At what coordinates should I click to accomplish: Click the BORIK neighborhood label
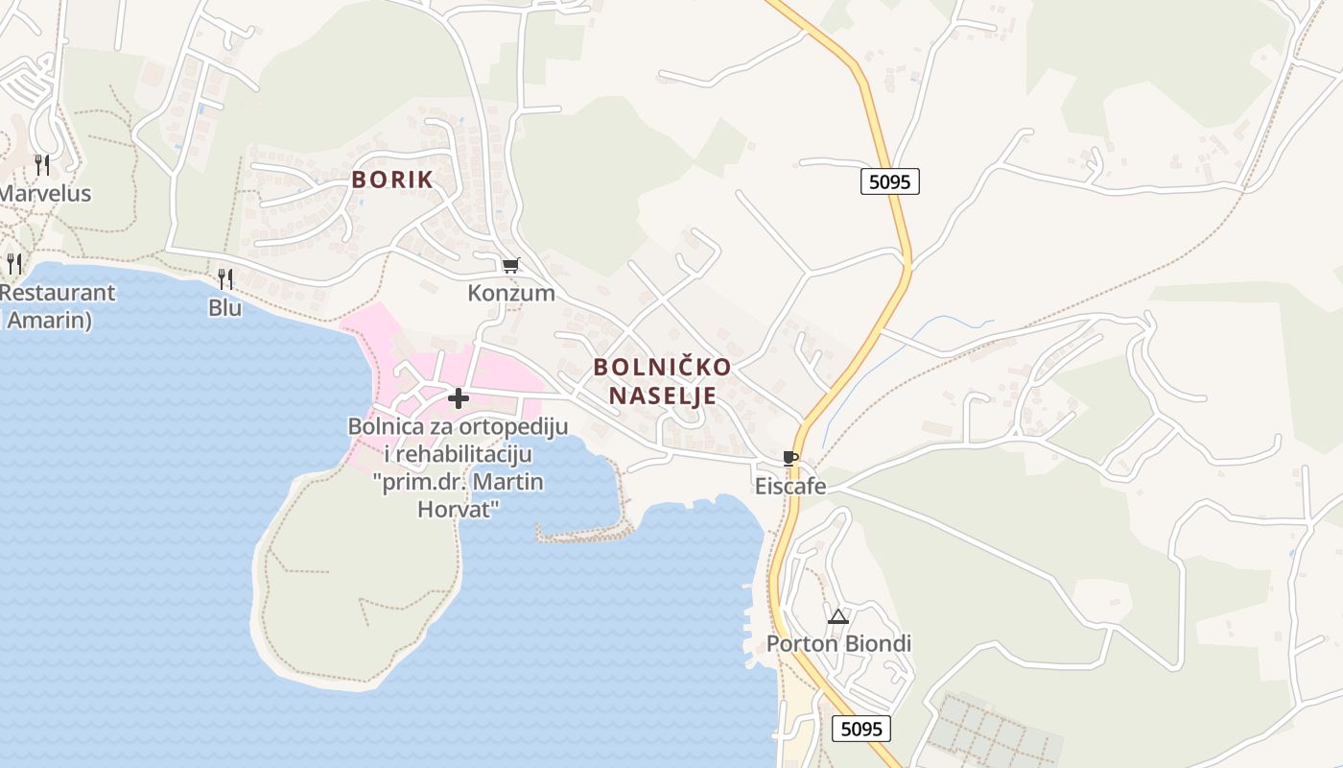tap(391, 180)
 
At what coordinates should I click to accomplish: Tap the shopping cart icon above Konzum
tap(511, 265)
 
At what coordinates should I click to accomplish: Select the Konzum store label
tap(511, 293)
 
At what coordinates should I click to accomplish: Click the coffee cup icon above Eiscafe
tap(789, 458)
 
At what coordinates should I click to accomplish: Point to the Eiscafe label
tap(790, 487)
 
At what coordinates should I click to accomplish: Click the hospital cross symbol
tap(459, 397)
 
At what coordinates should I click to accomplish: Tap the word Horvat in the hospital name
tap(459, 509)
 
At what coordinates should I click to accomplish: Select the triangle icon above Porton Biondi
tap(838, 616)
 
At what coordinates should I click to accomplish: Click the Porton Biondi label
tap(838, 643)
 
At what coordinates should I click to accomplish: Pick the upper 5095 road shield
tap(889, 181)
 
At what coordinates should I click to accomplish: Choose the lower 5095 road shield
tap(860, 729)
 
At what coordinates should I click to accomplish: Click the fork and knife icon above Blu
tap(225, 279)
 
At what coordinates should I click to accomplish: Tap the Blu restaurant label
tap(225, 308)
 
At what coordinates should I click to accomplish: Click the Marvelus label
tap(45, 193)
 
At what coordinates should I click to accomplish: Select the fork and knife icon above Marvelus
tap(42, 164)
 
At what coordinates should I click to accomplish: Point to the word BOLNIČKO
tap(662, 367)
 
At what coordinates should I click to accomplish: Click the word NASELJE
tap(662, 396)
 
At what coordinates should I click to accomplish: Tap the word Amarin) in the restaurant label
tap(49, 320)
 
